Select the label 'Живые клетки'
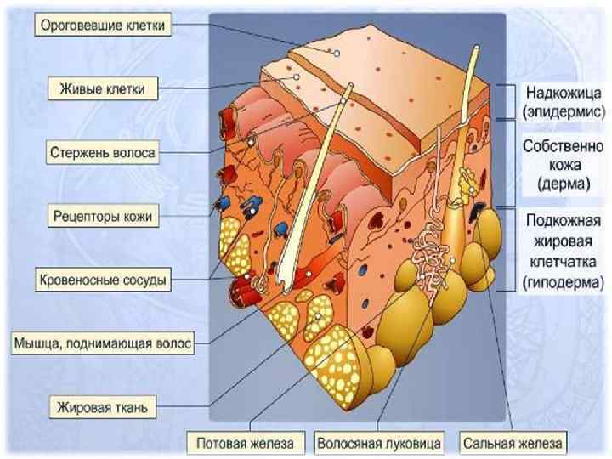tap(103, 88)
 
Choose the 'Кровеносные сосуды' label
tap(102, 279)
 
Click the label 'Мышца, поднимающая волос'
tap(103, 343)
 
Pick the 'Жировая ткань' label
tap(103, 407)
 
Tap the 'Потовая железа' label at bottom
tap(245, 443)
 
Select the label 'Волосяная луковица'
tap(379, 443)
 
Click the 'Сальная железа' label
tap(513, 443)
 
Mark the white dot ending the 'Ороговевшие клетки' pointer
tap(337, 53)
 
